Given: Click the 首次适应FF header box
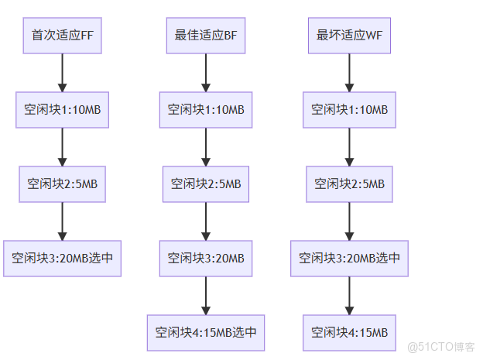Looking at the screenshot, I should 62,35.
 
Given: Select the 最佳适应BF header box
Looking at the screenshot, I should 206,35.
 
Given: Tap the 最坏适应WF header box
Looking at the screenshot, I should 349,35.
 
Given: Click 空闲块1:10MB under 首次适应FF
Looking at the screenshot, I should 62,109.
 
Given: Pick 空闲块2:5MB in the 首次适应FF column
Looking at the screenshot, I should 62,184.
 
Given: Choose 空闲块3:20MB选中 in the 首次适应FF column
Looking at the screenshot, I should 62,259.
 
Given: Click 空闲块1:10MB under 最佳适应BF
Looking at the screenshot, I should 206,109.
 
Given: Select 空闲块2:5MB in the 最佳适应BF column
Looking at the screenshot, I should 206,184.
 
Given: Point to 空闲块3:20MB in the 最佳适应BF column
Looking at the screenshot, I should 206,259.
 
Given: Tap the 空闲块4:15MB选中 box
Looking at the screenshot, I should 206,333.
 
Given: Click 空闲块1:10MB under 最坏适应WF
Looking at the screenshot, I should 349,109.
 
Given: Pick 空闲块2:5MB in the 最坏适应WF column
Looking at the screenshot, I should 349,184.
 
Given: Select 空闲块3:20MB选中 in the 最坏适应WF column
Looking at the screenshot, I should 349,259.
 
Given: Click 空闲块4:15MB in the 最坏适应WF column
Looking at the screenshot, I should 349,333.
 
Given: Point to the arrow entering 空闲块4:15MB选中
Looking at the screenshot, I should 206,296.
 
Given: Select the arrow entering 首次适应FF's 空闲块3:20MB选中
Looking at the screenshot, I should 62,221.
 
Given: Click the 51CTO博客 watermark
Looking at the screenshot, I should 440,346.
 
